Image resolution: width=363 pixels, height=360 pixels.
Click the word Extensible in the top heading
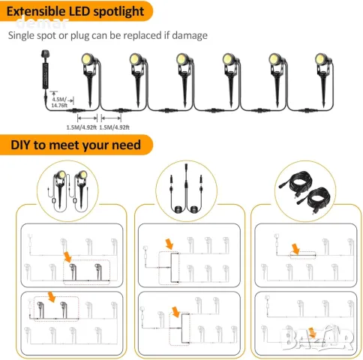click(38, 12)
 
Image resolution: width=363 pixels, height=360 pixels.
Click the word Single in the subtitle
click(24, 35)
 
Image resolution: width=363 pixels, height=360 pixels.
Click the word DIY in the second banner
click(23, 144)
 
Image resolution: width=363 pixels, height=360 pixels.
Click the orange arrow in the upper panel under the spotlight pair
click(68, 257)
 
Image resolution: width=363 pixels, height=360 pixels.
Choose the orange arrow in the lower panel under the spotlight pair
click(52, 297)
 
